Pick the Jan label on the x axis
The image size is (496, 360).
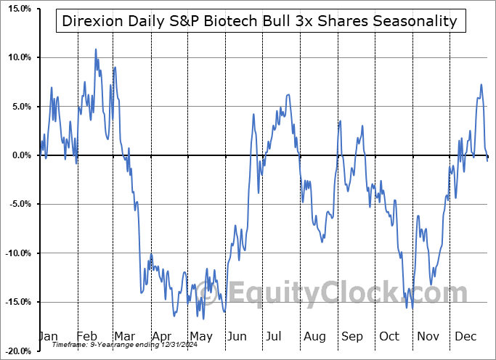pos(48,337)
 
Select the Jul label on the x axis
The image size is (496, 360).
pos(274,337)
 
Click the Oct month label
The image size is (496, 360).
pos(389,337)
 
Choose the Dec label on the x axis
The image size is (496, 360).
pos(465,337)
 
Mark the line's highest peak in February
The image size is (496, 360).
pos(96,49)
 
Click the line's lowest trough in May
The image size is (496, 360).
pos(203,318)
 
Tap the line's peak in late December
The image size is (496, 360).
pos(481,85)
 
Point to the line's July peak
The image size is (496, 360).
pos(288,94)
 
